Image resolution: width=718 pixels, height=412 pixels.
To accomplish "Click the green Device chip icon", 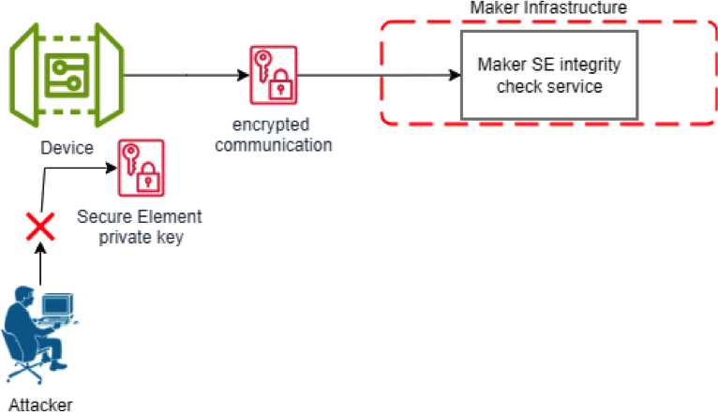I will [67, 76].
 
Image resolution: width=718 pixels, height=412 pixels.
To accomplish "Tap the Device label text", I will [67, 148].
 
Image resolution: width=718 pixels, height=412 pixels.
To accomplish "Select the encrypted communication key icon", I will [272, 76].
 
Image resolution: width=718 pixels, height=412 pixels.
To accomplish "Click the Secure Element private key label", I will [139, 228].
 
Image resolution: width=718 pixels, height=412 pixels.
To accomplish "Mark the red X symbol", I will [39, 226].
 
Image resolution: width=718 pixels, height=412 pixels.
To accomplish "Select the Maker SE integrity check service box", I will [548, 76].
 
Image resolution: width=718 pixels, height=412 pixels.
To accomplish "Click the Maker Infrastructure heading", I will [548, 8].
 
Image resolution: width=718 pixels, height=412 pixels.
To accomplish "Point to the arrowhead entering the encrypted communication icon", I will [242, 76].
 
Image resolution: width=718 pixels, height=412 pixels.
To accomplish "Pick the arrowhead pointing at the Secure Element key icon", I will [111, 168].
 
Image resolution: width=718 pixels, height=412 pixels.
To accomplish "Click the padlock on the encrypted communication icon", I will [279, 89].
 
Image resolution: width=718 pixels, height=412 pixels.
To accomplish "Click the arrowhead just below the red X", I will [39, 247].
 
